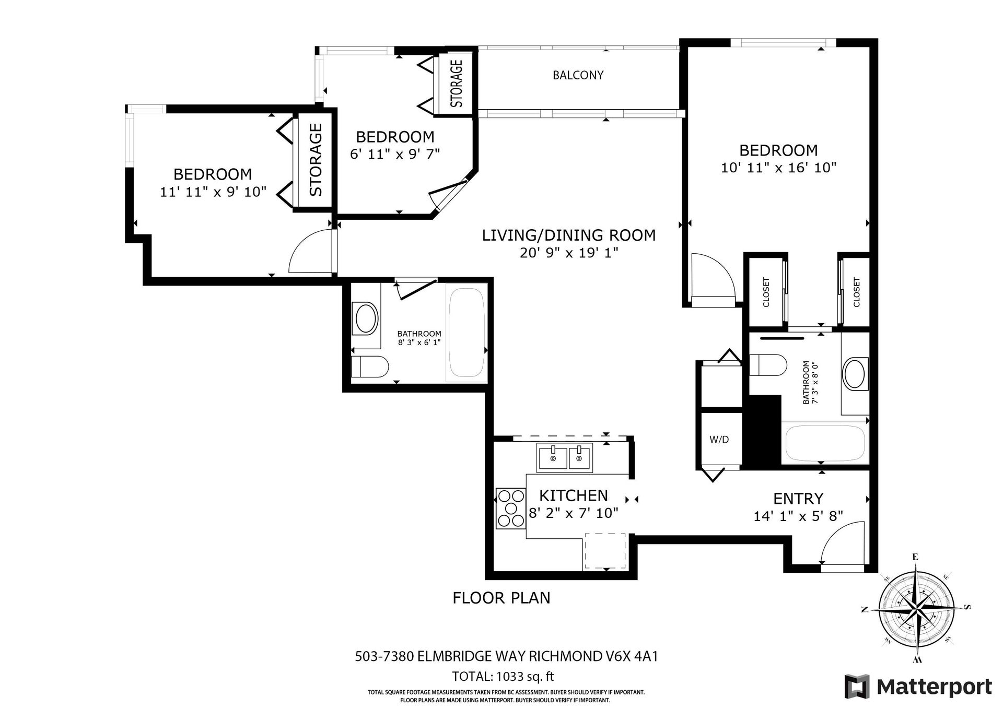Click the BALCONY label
578,75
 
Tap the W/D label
719,440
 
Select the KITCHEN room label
573,495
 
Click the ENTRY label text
798,498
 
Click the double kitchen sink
565,458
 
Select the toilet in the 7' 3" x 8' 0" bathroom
768,365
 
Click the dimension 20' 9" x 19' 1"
569,253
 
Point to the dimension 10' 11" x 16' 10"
778,168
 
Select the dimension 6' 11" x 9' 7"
395,155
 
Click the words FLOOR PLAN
501,597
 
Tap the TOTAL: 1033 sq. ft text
503,677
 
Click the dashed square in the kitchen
605,551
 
